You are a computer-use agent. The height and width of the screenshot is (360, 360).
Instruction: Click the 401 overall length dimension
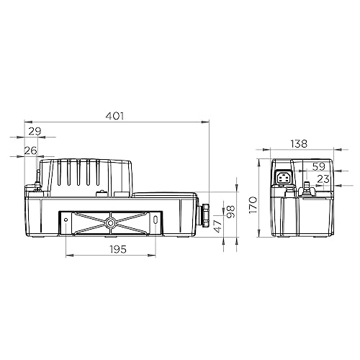coord(115,116)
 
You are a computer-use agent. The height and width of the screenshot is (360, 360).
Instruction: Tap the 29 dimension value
coord(35,131)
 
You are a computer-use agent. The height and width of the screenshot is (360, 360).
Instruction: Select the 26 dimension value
coord(31,150)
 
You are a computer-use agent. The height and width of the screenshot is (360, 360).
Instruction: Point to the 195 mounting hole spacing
coord(118,249)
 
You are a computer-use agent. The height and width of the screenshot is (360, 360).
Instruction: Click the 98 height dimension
coord(231,212)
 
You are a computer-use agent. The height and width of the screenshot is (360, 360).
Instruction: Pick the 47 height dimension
coord(218,226)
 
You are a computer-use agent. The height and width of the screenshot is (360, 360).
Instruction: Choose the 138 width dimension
coord(299,144)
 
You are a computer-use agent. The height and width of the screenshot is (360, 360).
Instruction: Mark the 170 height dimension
coord(253,204)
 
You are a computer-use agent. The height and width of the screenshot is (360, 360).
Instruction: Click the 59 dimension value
coord(319,166)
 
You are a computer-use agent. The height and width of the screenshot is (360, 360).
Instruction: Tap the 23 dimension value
coord(323,179)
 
